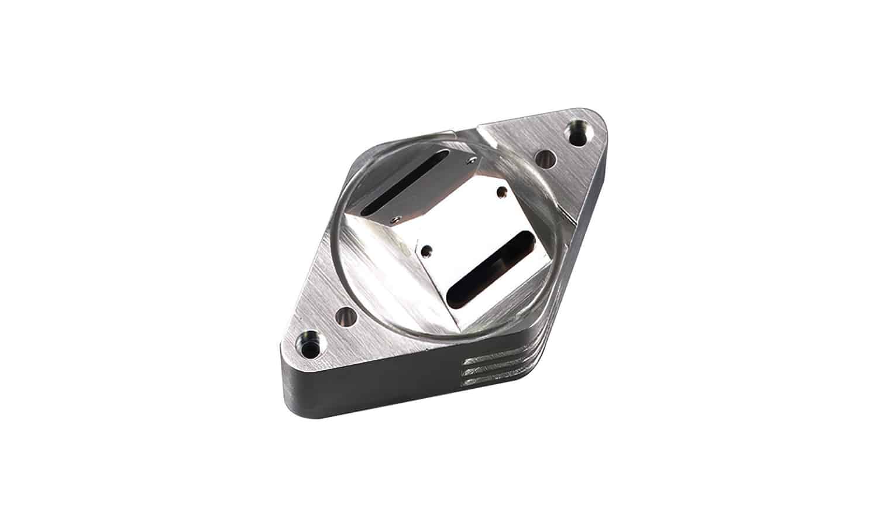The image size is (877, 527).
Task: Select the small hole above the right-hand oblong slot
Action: tap(500, 190)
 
